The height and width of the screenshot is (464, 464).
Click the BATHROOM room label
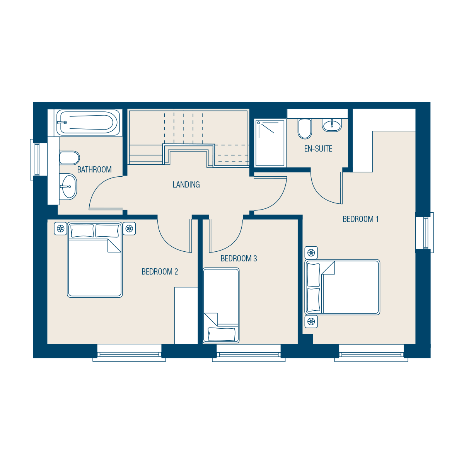click(x=94, y=169)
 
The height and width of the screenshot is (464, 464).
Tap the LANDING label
click(x=186, y=184)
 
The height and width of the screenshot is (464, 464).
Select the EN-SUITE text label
click(x=318, y=148)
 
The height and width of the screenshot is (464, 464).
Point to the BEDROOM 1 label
click(x=360, y=219)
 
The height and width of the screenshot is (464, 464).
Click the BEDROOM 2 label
click(x=160, y=271)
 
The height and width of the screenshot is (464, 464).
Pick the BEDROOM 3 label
click(x=239, y=258)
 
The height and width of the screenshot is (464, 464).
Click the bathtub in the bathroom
click(x=88, y=123)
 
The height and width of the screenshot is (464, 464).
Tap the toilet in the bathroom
click(x=69, y=158)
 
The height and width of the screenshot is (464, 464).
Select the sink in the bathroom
click(x=68, y=187)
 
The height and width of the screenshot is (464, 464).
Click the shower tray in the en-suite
click(x=270, y=143)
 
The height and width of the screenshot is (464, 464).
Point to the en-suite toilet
click(x=305, y=129)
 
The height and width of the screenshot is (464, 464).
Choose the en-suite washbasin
click(x=332, y=125)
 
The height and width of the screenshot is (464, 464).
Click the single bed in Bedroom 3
click(x=221, y=305)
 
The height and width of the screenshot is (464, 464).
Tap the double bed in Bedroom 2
click(x=95, y=260)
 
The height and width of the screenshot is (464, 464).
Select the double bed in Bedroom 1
click(x=342, y=287)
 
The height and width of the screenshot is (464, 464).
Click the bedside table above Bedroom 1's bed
click(x=311, y=253)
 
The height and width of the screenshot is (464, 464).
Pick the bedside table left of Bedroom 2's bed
click(x=60, y=228)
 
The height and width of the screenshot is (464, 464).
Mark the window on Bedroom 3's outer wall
click(x=249, y=353)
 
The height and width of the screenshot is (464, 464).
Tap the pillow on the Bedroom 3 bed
click(x=221, y=334)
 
